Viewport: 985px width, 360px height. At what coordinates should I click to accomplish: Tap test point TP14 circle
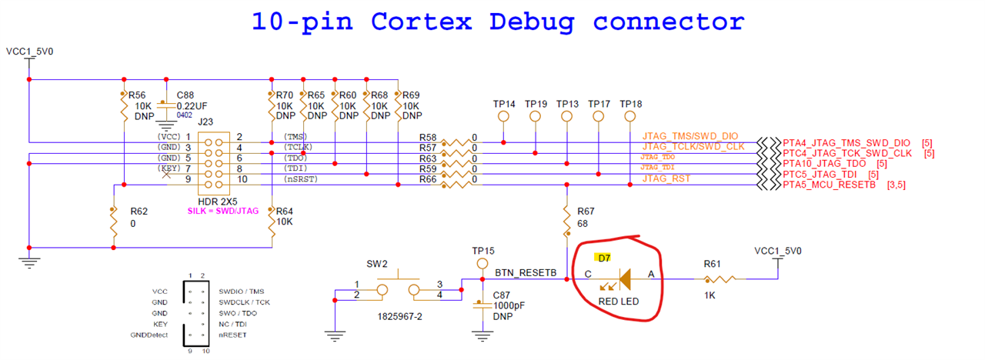tap(504, 118)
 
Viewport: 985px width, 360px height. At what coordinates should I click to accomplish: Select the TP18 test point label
tap(630, 104)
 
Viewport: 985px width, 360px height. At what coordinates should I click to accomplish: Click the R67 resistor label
tap(586, 210)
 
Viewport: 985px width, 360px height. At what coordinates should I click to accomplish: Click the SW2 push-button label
tap(377, 263)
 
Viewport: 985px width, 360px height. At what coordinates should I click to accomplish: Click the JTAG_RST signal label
tap(666, 178)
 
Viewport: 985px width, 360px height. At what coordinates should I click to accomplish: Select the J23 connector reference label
tap(205, 122)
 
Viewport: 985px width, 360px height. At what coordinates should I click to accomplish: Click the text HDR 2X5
tap(218, 201)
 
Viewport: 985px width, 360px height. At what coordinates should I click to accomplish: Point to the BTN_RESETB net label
tap(526, 273)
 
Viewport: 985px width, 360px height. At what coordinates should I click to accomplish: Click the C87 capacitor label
tap(502, 295)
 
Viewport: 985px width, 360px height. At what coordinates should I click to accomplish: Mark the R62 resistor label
tap(139, 210)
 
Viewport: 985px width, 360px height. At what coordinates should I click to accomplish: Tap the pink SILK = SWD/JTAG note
tap(222, 211)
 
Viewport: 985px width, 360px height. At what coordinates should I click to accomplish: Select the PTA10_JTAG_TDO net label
tap(823, 164)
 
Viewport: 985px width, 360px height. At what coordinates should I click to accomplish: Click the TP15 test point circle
tap(482, 265)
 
